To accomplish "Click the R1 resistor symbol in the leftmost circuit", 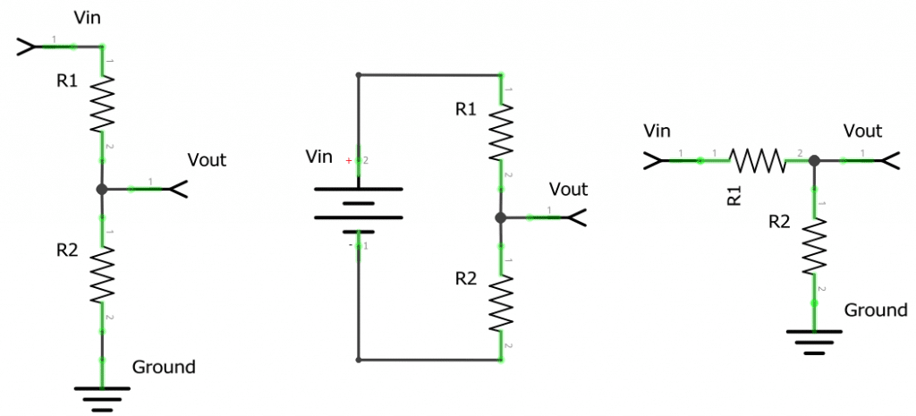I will pyautogui.click(x=102, y=104).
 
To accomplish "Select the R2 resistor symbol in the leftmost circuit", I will pyautogui.click(x=102, y=276).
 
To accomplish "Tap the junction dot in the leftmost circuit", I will pyautogui.click(x=102, y=190).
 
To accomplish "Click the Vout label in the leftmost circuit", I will pyautogui.click(x=207, y=160).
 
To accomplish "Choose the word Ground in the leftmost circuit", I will pyautogui.click(x=164, y=367).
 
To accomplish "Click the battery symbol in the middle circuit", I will pyautogui.click(x=358, y=209).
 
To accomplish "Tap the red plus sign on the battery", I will pyautogui.click(x=349, y=161).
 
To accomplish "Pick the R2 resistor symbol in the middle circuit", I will pyautogui.click(x=501, y=302).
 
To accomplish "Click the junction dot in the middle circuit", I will pyautogui.click(x=501, y=217).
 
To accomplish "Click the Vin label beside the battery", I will pyautogui.click(x=319, y=158).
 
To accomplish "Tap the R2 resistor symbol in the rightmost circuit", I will pyautogui.click(x=814, y=247).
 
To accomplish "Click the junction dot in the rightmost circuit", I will pyautogui.click(x=814, y=161).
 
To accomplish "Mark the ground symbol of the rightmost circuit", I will pyautogui.click(x=814, y=340).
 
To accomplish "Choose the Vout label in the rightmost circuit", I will pyautogui.click(x=862, y=132).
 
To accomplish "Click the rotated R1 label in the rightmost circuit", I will pyautogui.click(x=734, y=196).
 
